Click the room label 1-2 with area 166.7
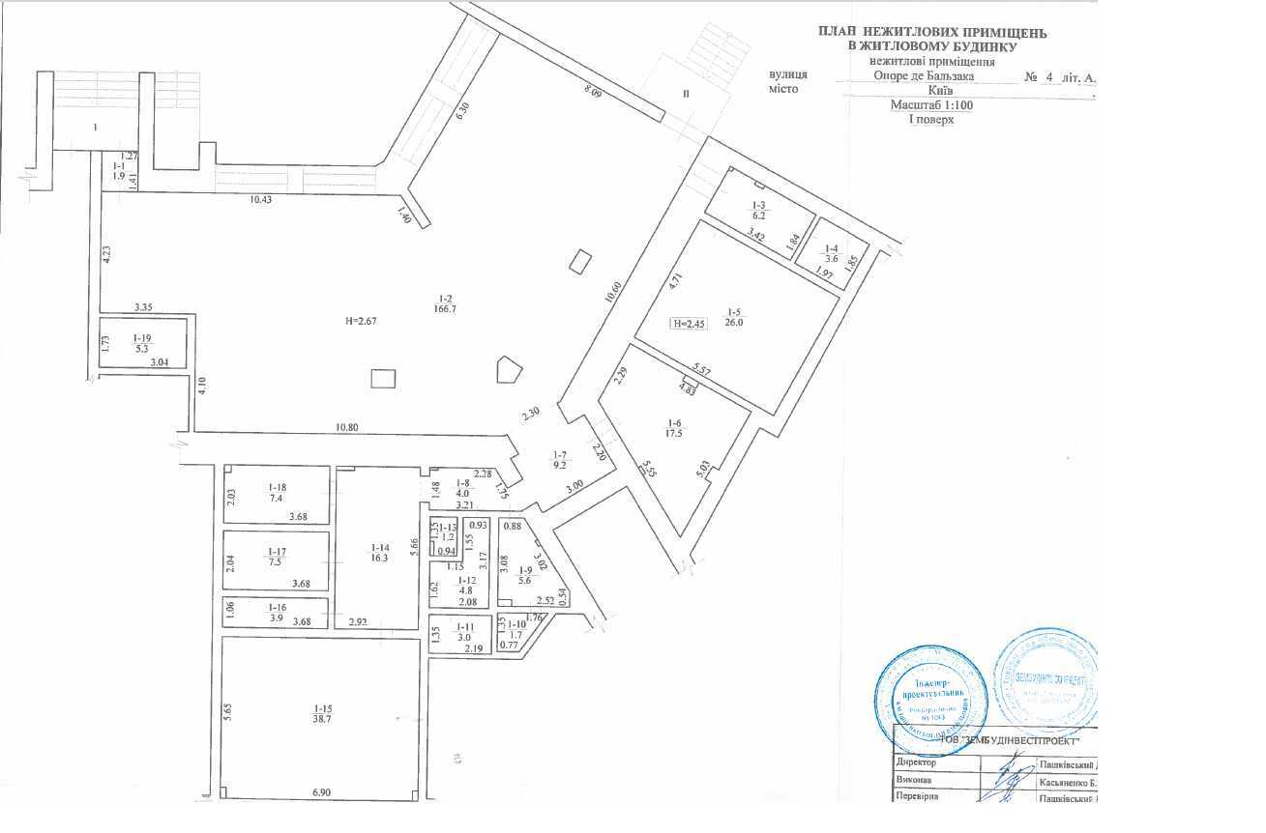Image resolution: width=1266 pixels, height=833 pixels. tap(446, 302)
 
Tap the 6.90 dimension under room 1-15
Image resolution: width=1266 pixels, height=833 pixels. tap(321, 792)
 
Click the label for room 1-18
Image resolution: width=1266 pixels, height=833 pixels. tap(277, 493)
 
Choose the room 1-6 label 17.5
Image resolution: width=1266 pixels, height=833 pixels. tap(675, 428)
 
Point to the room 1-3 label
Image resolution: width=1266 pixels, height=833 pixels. tap(759, 212)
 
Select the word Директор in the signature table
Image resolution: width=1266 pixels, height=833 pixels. tap(917, 762)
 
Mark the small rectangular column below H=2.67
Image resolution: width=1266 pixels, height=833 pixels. tap(383, 377)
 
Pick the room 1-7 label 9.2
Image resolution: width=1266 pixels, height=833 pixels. tap(560, 461)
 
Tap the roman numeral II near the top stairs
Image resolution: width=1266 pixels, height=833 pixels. tap(686, 94)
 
